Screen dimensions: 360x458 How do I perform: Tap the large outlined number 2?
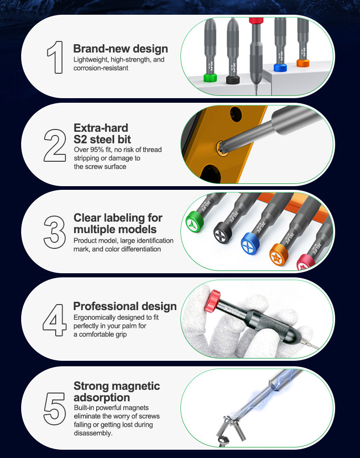coord(55,145)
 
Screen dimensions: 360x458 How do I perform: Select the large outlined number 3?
coord(55,232)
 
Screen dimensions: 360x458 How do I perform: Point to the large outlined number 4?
coord(55,320)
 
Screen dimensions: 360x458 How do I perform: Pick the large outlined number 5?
coord(55,409)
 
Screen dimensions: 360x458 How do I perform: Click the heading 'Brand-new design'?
coord(121,48)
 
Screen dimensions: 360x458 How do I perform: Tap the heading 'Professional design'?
coord(125,306)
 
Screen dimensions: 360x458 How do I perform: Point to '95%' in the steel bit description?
coord(97,150)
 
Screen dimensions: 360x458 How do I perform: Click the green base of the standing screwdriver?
coord(210,78)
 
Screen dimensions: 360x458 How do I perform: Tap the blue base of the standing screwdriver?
coord(280,68)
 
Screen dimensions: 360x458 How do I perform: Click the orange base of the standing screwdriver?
coord(303,63)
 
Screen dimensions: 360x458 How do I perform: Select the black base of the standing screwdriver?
coord(233,79)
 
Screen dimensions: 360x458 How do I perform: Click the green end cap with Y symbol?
coord(195,222)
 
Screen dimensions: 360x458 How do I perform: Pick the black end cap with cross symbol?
coord(223,233)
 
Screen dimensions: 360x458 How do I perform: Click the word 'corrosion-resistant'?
coord(101,68)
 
